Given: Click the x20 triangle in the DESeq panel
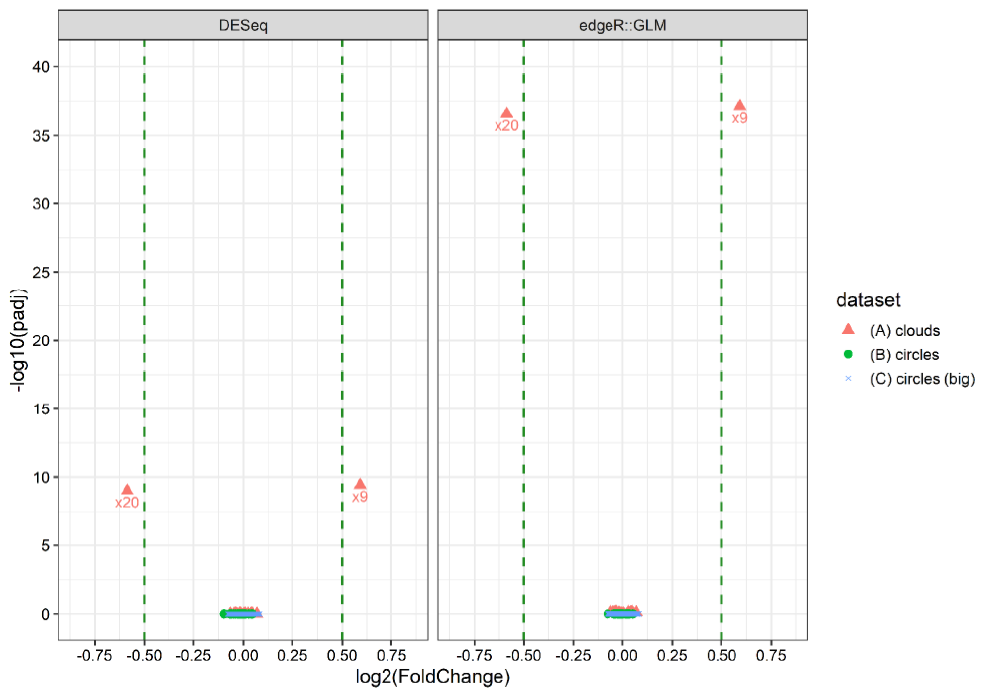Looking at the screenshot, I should click(x=127, y=489).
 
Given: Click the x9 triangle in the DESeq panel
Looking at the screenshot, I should click(x=360, y=483).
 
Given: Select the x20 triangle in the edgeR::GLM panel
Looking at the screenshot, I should click(x=506, y=113).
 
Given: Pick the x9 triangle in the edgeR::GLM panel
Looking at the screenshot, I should click(x=739, y=104).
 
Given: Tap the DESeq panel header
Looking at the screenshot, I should click(x=243, y=25).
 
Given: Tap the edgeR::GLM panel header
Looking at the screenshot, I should click(x=622, y=25).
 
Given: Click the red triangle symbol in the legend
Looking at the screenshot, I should click(x=847, y=329).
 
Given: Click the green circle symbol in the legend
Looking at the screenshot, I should click(x=847, y=354).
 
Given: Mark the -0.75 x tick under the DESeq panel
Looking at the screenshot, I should click(x=94, y=655).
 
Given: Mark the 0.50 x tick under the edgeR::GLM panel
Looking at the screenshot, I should click(x=721, y=655).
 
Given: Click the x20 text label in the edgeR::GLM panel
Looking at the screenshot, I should click(x=506, y=126).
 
